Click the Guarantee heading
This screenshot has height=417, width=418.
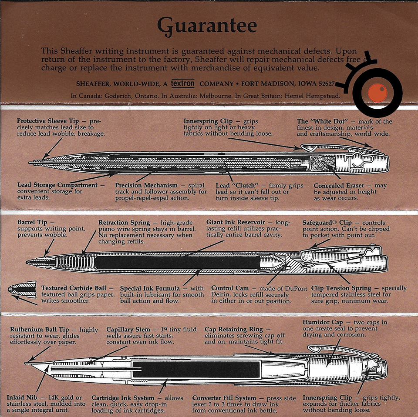pyautogui.click(x=207, y=26)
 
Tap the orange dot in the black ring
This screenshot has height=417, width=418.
pyautogui.click(x=375, y=93)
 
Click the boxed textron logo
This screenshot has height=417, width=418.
pyautogui.click(x=182, y=83)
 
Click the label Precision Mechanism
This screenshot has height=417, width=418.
pyautogui.click(x=146, y=185)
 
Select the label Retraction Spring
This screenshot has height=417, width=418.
pyautogui.click(x=124, y=222)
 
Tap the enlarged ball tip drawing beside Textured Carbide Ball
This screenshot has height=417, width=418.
pyautogui.click(x=22, y=289)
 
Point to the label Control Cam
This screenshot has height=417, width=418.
pyautogui.click(x=230, y=288)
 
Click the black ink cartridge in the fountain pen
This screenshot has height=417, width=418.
pyautogui.click(x=196, y=368)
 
